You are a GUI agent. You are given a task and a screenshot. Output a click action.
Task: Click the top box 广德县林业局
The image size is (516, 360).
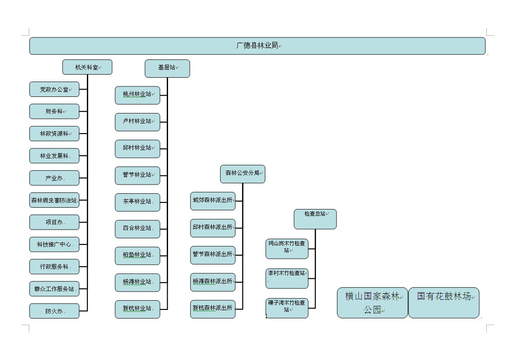tap(257, 46)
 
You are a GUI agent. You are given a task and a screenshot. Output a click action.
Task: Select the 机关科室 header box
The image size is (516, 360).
tap(87, 67)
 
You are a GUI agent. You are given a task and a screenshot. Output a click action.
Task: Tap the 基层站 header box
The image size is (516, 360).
tap(167, 68)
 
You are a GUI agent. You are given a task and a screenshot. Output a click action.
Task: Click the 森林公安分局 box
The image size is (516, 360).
tap(242, 174)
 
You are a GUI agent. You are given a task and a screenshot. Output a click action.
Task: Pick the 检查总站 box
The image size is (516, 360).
tap(315, 219)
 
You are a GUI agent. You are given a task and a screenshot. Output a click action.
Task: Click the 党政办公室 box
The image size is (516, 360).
tap(54, 89)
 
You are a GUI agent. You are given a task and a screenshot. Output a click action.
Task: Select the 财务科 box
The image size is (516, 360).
tap(54, 111)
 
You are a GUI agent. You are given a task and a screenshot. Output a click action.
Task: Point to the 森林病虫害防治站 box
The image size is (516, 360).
tap(54, 200)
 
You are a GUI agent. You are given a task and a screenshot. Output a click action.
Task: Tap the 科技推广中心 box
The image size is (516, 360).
tap(54, 244)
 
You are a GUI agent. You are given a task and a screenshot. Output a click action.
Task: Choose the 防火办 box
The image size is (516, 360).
tap(54, 311)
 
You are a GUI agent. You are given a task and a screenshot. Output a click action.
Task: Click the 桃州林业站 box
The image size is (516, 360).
tap(138, 95)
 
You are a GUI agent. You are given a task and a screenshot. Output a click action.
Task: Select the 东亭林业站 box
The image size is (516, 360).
tap(138, 202)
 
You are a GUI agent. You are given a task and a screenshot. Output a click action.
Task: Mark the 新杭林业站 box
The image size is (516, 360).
tap(138, 309)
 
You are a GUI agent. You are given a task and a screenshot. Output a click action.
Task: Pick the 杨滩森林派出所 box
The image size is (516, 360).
tap(213, 282)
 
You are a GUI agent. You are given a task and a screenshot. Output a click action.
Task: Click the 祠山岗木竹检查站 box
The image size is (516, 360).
tap(287, 248)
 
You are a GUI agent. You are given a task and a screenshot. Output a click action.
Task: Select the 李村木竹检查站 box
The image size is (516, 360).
tap(287, 278)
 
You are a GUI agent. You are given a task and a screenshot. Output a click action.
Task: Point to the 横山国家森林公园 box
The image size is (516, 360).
tap(372, 302)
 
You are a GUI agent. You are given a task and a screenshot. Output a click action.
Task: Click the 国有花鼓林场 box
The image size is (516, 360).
tap(444, 302)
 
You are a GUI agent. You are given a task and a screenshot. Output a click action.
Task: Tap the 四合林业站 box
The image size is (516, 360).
tap(138, 229)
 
